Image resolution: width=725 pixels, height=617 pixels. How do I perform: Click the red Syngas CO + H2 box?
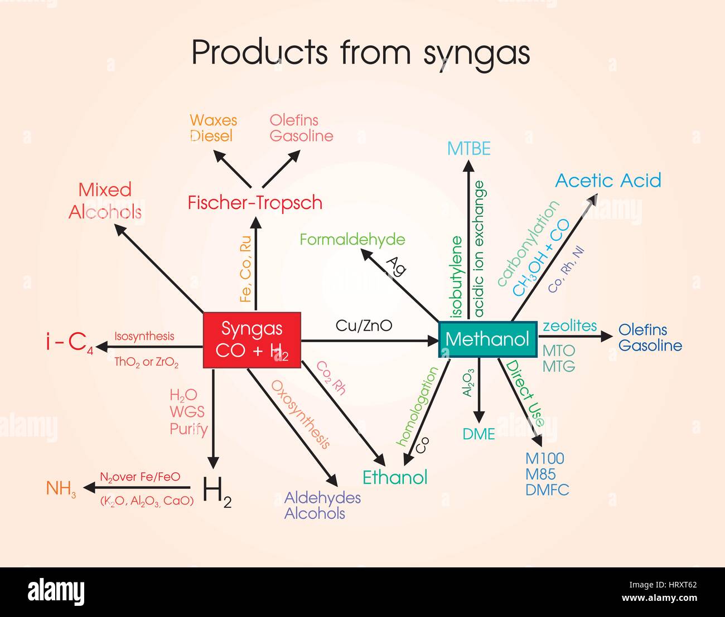[252, 340]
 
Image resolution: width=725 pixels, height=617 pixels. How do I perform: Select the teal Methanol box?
[487, 339]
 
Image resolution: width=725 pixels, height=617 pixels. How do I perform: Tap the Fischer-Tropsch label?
[255, 202]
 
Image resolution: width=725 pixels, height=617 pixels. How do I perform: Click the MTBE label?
[468, 148]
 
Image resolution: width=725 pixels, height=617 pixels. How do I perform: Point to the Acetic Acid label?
[608, 180]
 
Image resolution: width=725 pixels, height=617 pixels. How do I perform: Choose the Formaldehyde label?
[352, 240]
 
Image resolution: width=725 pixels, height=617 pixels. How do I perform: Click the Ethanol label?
[395, 477]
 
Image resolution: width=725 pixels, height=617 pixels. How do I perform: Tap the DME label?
[478, 434]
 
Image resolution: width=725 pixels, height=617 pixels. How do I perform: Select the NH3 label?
[61, 489]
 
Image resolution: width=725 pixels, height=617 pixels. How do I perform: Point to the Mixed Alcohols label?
[105, 201]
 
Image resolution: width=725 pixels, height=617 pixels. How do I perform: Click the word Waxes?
[213, 120]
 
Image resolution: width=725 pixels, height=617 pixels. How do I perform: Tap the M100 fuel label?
[545, 458]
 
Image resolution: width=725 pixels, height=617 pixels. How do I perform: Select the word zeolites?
[569, 325]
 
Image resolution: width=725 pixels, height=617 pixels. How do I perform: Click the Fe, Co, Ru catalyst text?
[245, 269]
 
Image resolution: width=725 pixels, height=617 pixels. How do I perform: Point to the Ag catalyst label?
[397, 265]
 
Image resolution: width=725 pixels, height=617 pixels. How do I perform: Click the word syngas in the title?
[477, 53]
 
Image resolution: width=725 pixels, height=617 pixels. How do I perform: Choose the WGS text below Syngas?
[187, 412]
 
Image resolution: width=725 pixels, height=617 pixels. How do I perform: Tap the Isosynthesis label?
[144, 336]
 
